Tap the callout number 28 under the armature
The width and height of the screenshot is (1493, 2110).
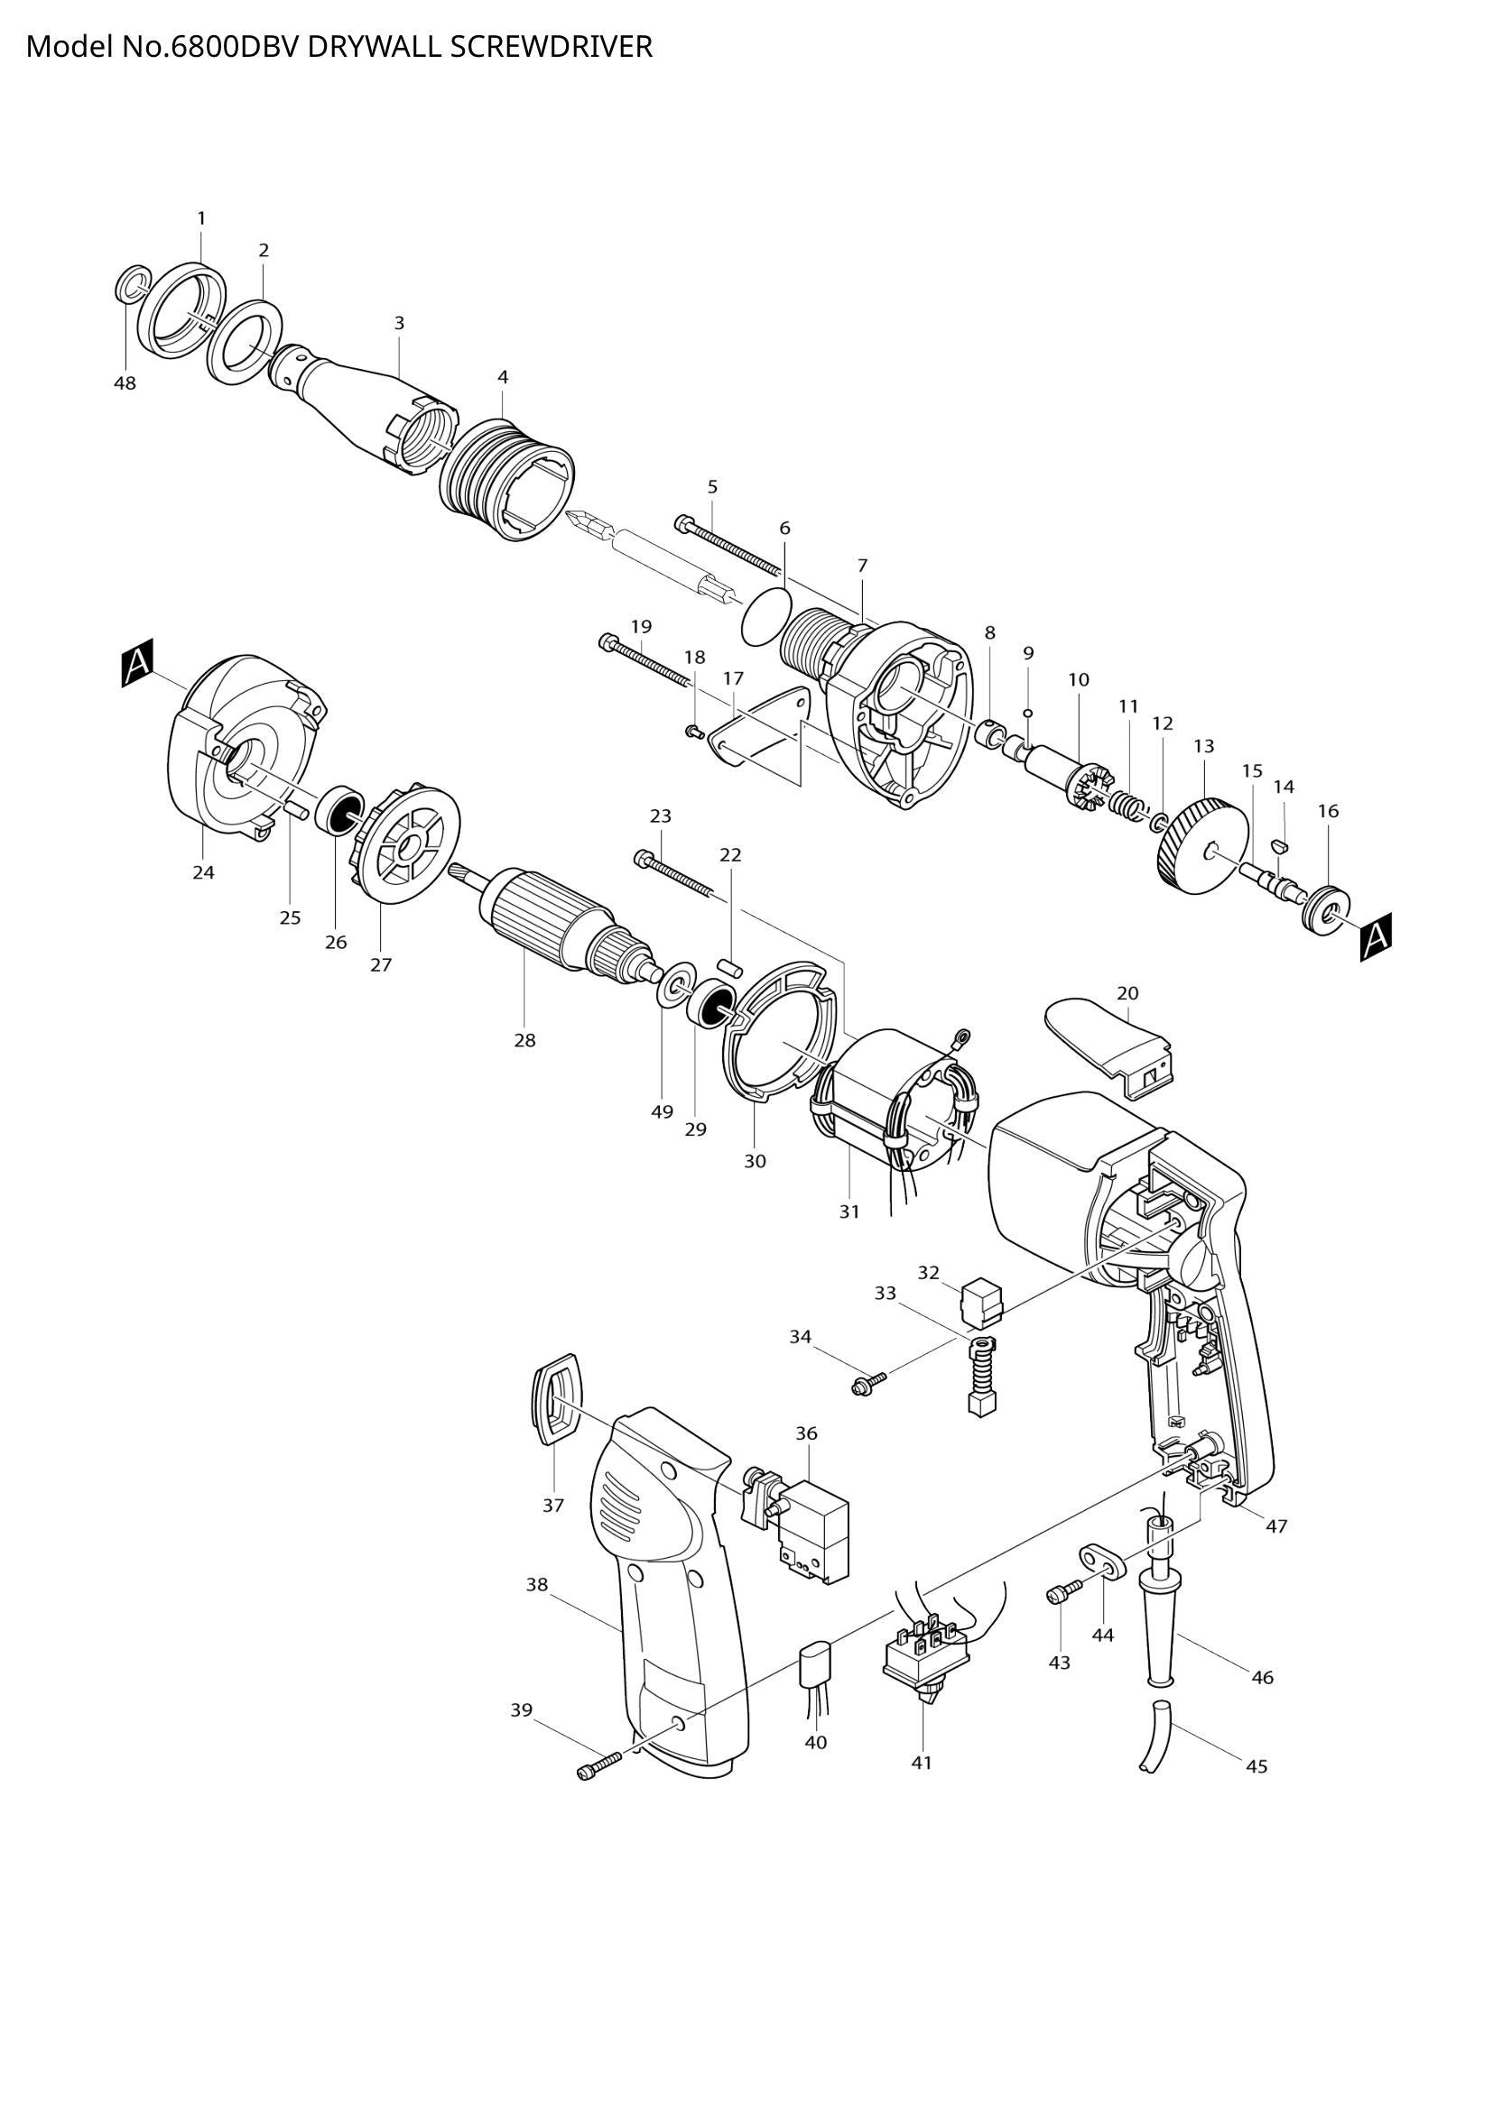click(524, 1040)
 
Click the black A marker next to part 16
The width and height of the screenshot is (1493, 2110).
click(1377, 936)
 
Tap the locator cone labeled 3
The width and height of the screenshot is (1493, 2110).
click(367, 404)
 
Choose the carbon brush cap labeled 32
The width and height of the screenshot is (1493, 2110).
click(981, 1301)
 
